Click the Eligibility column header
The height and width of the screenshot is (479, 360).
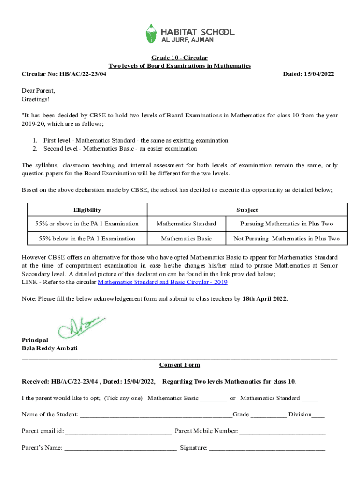point(87,210)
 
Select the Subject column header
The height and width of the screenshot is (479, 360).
point(247,210)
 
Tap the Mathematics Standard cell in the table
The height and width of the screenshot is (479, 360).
point(186,224)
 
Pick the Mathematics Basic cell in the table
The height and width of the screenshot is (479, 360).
point(186,239)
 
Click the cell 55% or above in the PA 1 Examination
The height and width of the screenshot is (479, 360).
point(87,224)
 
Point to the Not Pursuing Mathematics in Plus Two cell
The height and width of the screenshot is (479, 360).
point(287,239)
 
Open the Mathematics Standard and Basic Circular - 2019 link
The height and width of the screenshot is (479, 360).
point(162,283)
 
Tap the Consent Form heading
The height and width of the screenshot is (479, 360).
point(180,365)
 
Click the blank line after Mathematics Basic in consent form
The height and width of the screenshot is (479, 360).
point(213,399)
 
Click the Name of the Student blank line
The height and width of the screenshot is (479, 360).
point(156,415)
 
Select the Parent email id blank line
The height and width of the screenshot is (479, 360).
point(118,432)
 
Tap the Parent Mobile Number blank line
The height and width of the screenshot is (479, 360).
point(282,432)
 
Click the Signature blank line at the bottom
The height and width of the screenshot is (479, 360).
point(267,449)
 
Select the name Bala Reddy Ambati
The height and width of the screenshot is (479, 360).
point(50,348)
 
